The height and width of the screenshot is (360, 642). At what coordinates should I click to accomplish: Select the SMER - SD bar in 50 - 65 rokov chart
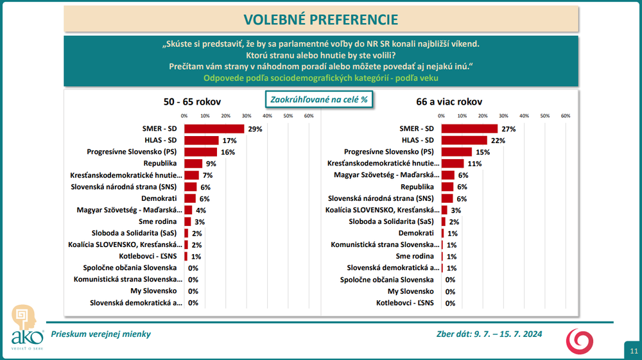214,128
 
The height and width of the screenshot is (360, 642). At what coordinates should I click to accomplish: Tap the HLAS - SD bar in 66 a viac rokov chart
464,141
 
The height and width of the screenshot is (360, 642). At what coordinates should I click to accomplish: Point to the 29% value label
255,129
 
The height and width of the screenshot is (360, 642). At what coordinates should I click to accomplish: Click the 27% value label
509,129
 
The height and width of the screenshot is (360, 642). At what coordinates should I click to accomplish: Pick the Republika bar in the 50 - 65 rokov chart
193,164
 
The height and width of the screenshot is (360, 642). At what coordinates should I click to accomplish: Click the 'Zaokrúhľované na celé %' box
320,100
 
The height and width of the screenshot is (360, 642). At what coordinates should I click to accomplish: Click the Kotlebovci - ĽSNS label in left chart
152,256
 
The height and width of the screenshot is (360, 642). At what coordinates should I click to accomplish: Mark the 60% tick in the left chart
308,116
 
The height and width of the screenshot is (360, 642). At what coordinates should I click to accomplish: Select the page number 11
634,351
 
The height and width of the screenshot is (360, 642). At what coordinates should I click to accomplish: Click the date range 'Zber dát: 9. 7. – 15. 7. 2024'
490,334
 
